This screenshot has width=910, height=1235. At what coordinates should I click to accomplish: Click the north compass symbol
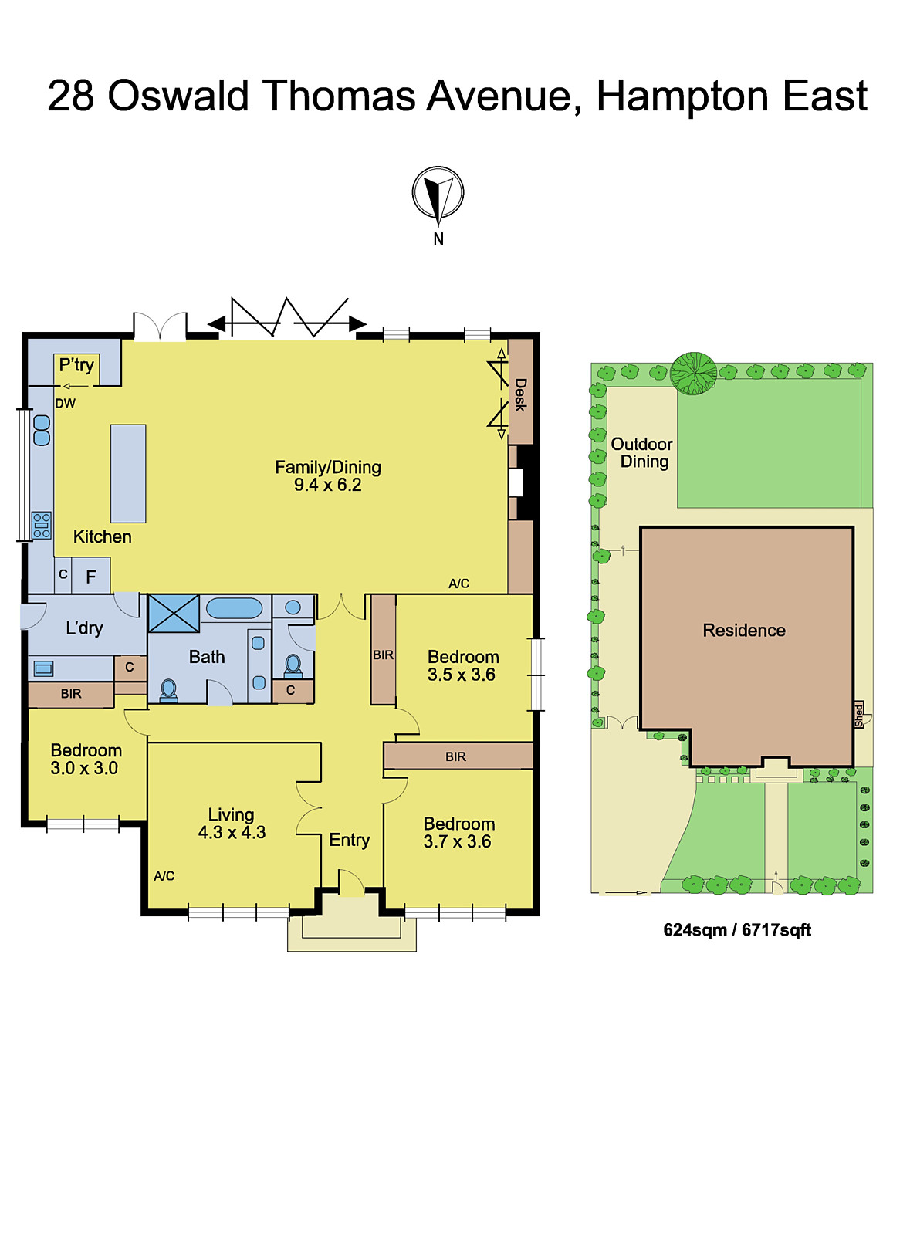[438, 194]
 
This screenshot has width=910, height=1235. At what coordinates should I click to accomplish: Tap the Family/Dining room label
[328, 467]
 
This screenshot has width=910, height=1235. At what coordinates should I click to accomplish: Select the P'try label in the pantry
[76, 365]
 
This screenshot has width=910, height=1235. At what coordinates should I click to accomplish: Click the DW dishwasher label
[66, 403]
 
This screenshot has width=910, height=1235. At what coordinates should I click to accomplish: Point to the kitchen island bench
[128, 473]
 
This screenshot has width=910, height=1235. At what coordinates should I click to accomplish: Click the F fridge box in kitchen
[91, 576]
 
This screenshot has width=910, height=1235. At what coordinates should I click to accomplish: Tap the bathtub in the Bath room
[235, 607]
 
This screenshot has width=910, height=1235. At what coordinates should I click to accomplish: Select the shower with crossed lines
[174, 614]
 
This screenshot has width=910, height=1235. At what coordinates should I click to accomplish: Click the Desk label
[520, 394]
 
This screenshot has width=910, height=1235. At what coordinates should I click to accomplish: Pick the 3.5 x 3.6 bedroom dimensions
[462, 675]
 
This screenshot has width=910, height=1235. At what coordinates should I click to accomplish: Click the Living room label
[231, 814]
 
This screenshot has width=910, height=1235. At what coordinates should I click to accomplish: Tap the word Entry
[349, 840]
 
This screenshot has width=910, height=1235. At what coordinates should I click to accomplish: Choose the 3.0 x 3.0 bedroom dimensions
[84, 768]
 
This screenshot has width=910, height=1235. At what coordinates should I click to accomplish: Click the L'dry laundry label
[84, 628]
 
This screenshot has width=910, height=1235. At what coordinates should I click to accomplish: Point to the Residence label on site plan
[743, 631]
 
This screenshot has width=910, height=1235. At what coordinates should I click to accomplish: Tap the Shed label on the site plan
[859, 715]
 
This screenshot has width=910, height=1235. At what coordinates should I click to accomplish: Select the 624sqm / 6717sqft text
[737, 930]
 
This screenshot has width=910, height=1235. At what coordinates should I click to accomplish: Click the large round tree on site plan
[693, 374]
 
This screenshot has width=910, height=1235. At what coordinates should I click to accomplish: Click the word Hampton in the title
[682, 96]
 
